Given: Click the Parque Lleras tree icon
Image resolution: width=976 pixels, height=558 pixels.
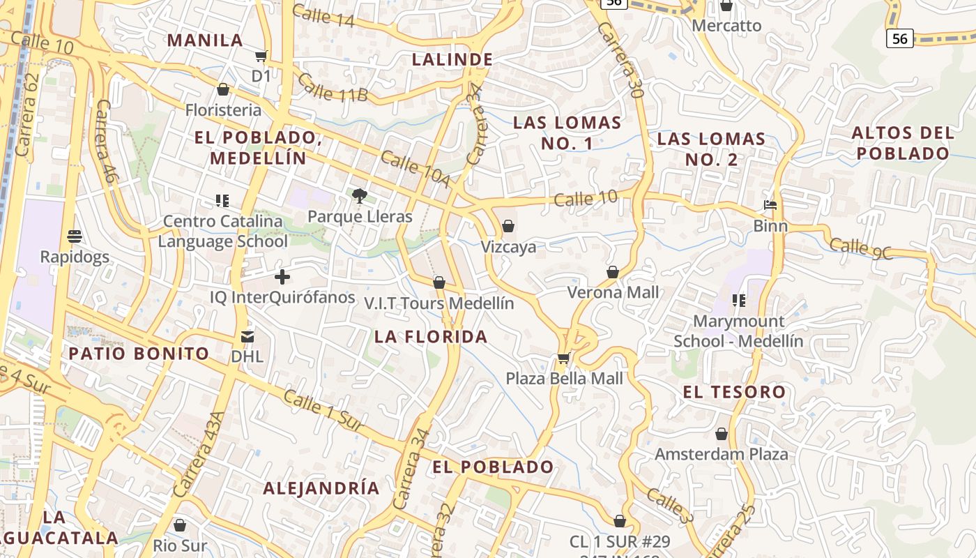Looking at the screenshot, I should coord(360,195).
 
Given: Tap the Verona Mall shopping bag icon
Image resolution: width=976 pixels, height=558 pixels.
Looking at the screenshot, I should coord(613,271).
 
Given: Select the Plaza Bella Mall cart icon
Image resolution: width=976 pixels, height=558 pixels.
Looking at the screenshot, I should coord(563,359).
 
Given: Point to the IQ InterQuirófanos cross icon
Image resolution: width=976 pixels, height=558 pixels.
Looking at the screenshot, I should coord(282,277).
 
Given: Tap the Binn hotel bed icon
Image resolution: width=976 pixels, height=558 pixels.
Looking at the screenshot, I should coord(770,205).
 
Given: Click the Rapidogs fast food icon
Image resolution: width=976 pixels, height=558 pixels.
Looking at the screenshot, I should coord(75,236).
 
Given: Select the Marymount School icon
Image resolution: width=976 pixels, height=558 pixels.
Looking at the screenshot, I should coord(738,301).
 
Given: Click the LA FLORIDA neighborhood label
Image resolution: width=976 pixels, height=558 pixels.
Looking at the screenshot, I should coord(431,337).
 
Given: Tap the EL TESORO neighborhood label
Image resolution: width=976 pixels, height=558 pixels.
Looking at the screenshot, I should coord(734,392).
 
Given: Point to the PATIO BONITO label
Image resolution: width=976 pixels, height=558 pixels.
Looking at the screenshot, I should coord(139,353).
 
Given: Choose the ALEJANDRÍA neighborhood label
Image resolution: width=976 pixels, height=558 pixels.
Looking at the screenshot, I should coord(321,488).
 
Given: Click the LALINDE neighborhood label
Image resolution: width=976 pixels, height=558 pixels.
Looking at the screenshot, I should coord(452,59).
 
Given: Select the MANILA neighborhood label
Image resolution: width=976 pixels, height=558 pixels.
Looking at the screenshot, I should coord(205,40).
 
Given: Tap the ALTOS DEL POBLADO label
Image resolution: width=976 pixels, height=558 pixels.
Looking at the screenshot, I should coord(903,143).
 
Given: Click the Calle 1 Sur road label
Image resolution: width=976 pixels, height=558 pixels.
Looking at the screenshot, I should coord(323,409).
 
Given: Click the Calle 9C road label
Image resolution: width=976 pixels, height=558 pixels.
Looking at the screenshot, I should coord(862,248).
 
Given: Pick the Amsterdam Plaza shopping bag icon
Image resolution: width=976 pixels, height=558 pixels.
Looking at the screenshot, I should coord(722,434).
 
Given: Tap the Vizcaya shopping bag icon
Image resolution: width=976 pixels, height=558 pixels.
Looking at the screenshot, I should coord(508,226).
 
